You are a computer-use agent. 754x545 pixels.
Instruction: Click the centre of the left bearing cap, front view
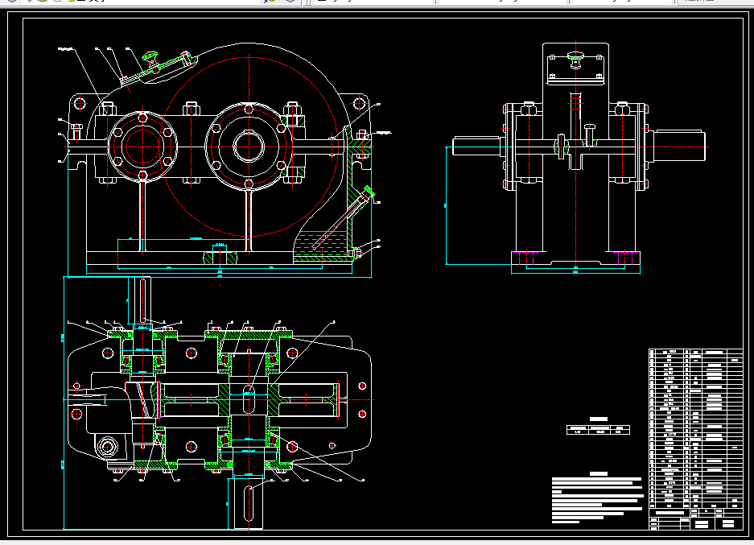[142, 146]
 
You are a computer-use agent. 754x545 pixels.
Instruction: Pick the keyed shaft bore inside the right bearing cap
[248, 146]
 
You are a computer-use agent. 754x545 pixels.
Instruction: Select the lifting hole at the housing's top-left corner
[79, 103]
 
